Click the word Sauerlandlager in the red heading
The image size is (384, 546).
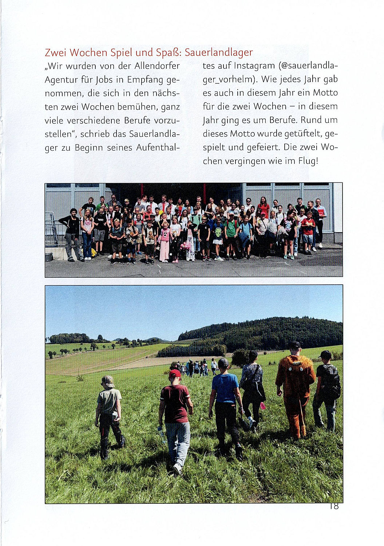[x=218, y=52]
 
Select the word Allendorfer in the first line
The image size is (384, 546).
[x=157, y=66]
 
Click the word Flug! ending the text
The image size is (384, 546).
[x=308, y=161]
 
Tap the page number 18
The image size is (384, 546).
[x=334, y=506]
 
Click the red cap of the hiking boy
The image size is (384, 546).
[x=175, y=373]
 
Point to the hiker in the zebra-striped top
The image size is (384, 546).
[x=252, y=386]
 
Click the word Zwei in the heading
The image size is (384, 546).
[x=56, y=52]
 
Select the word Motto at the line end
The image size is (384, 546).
[x=325, y=93]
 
